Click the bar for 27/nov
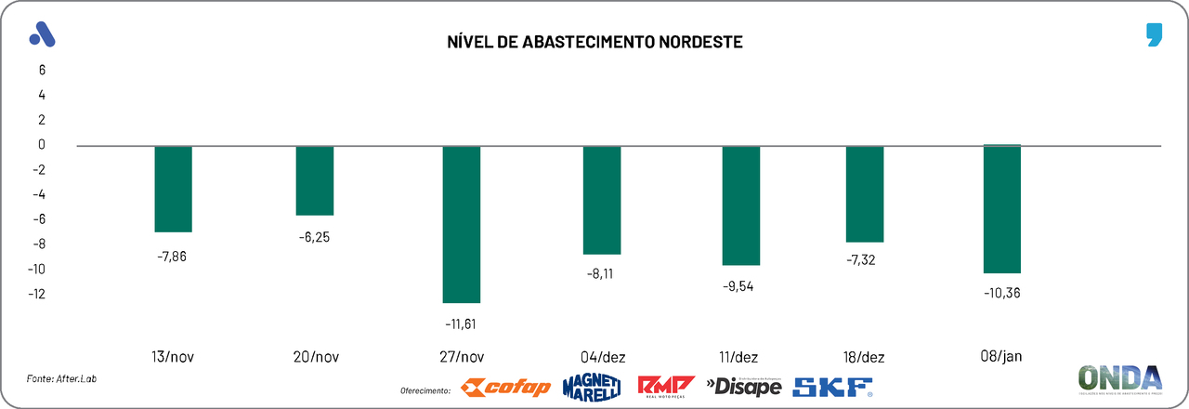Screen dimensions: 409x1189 coord(461,224)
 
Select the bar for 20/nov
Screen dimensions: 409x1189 coord(315,180)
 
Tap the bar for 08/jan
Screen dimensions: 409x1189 coord(1002,209)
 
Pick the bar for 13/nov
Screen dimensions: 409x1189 coord(173,189)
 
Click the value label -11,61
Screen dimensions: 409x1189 coord(461,323)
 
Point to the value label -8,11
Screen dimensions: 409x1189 coord(601,274)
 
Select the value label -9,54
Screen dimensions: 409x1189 coord(740,285)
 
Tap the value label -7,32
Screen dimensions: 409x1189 coord(864,260)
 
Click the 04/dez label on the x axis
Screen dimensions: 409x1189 coord(602,357)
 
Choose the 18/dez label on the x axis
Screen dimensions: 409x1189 coord(864,357)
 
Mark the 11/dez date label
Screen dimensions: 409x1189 coord(740,357)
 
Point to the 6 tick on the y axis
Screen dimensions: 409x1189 coord(42,70)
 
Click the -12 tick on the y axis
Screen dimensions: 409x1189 coord(36,295)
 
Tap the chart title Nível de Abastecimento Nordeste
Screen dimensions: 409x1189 coord(595,43)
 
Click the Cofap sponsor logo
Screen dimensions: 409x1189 coord(506,387)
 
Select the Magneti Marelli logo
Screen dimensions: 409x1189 coord(591,387)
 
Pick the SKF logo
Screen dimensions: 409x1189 coord(833,387)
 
